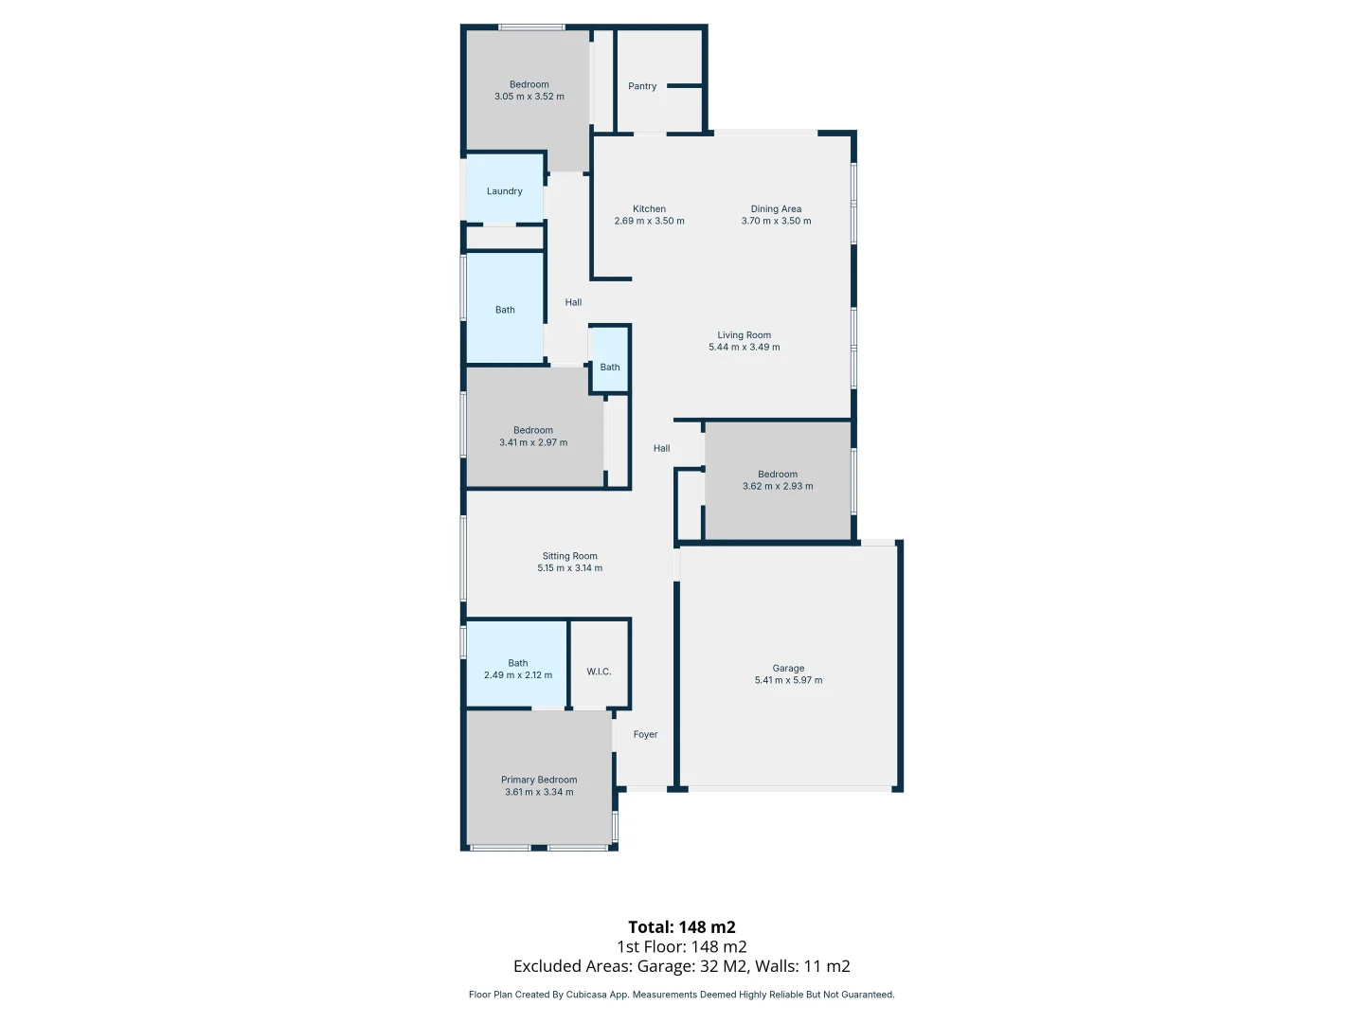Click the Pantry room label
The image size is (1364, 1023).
(x=642, y=86)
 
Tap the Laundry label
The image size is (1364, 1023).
(x=505, y=191)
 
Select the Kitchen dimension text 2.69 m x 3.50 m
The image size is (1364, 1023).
(x=649, y=222)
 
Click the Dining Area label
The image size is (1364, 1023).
(x=776, y=209)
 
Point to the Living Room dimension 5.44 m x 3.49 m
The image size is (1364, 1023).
(x=745, y=348)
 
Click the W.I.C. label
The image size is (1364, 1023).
(x=599, y=672)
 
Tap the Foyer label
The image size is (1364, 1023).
(x=645, y=735)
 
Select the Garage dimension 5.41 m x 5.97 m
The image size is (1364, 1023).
(x=788, y=681)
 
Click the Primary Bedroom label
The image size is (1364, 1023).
(x=539, y=781)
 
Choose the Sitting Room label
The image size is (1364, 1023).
(x=569, y=557)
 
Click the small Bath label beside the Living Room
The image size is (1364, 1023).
(x=610, y=368)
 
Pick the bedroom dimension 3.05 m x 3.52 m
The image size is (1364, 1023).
(x=529, y=97)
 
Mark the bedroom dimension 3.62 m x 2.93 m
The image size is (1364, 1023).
(x=778, y=487)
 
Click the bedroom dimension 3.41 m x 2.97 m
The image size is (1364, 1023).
(x=533, y=442)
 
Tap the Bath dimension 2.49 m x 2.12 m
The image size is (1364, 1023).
(x=518, y=675)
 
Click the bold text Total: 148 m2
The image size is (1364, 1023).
(x=682, y=927)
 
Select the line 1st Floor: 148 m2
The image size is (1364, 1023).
(x=682, y=947)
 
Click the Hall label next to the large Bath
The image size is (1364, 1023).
(x=573, y=303)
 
